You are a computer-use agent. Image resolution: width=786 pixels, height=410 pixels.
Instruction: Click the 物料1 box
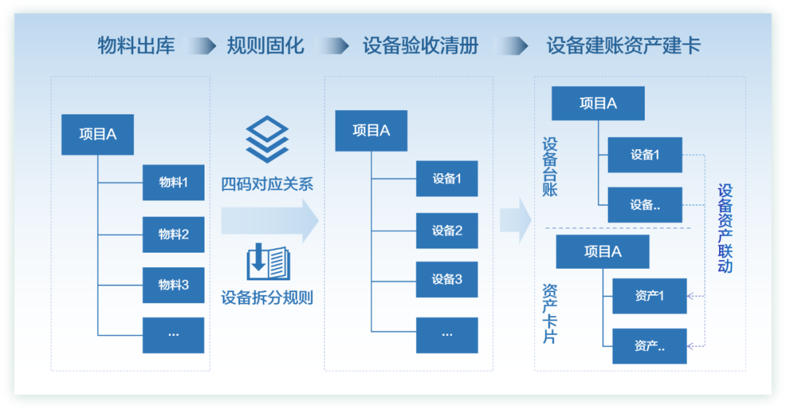pyautogui.click(x=173, y=182)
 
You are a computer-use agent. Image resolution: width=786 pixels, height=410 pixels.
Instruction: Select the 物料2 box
pyautogui.click(x=173, y=234)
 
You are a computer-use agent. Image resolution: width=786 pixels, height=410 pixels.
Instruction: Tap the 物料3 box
pyautogui.click(x=173, y=285)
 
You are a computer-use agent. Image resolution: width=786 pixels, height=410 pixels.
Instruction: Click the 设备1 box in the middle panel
pyautogui.click(x=447, y=178)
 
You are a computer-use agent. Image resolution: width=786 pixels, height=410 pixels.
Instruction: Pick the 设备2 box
pyautogui.click(x=447, y=231)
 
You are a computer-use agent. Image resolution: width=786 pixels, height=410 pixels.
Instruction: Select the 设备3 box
pyautogui.click(x=447, y=279)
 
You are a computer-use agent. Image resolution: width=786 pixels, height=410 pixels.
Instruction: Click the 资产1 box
pyautogui.click(x=649, y=296)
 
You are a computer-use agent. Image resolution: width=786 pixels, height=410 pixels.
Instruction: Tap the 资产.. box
pyautogui.click(x=649, y=346)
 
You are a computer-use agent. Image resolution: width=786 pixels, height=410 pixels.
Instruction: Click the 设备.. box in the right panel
pyautogui.click(x=645, y=205)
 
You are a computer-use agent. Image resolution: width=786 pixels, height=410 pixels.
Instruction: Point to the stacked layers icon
pyautogui.click(x=267, y=139)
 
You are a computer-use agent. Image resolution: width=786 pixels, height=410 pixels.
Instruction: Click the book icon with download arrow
pyautogui.click(x=268, y=262)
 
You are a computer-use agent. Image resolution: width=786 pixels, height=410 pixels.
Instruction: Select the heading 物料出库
pyautogui.click(x=137, y=46)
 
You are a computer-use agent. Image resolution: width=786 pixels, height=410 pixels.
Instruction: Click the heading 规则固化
pyautogui.click(x=265, y=46)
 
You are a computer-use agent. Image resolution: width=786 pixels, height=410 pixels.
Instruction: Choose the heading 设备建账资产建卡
pyautogui.click(x=623, y=46)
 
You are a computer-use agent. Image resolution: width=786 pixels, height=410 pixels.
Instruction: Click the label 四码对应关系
pyautogui.click(x=267, y=184)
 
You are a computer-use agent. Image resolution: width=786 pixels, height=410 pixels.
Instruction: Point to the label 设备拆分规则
pyautogui.click(x=267, y=298)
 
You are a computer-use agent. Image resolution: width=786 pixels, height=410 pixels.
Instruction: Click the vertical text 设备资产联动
pyautogui.click(x=725, y=228)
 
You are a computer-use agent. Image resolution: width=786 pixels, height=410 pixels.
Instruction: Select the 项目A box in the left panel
pyautogui.click(x=98, y=134)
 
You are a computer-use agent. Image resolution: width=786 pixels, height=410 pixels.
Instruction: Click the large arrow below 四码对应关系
pyautogui.click(x=270, y=220)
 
